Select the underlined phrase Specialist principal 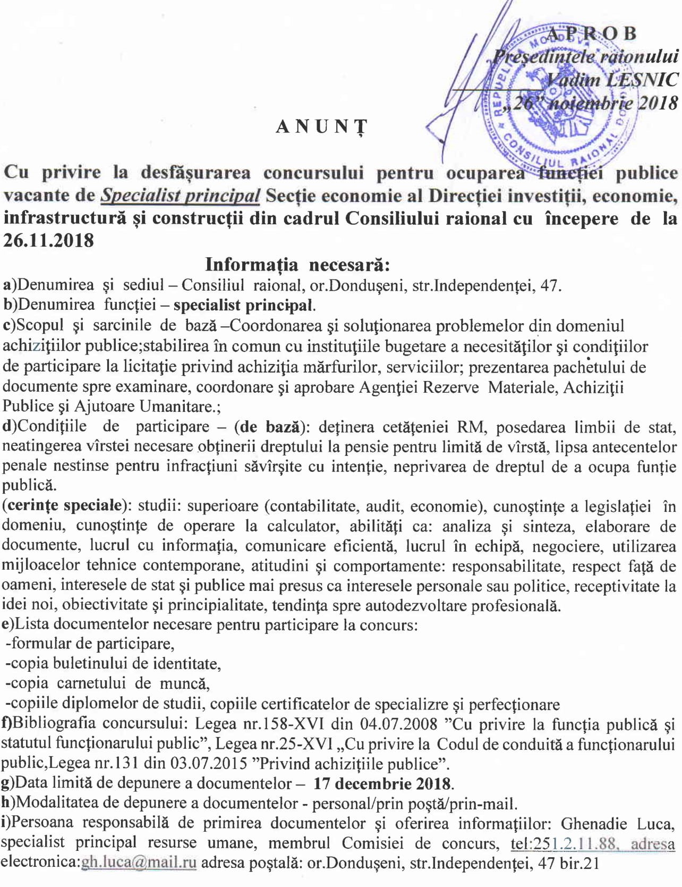[181, 196]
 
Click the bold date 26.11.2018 [49, 240]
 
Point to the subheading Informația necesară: [298, 264]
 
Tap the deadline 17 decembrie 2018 [382, 784]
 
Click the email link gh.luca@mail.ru [139, 863]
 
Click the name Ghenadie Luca [618, 824]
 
